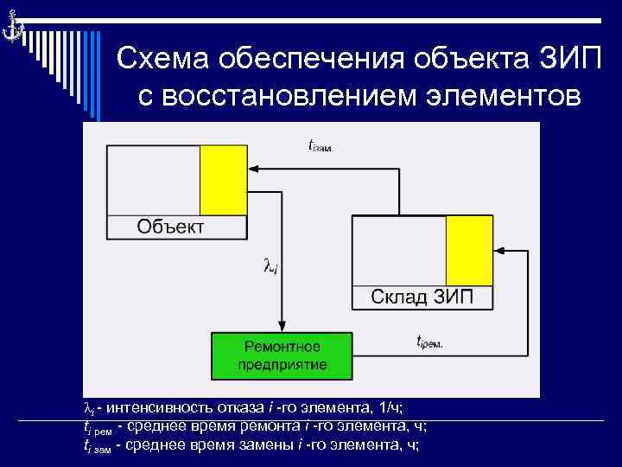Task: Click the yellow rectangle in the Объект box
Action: pos(224,180)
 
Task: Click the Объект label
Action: pos(171,227)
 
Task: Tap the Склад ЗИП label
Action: pos(422,297)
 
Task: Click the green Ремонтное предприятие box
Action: pos(282,355)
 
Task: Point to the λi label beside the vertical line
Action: pos(270,266)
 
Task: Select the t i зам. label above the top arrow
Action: pos(321,146)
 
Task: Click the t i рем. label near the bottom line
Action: pos(429,342)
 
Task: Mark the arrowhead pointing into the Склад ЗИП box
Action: pos(499,253)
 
